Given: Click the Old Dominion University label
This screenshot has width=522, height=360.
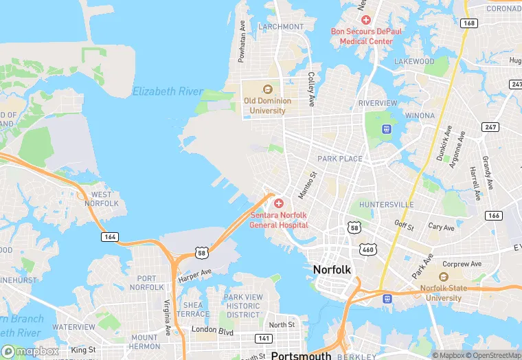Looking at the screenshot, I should [x=267, y=105].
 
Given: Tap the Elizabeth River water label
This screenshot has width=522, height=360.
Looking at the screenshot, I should [x=168, y=91].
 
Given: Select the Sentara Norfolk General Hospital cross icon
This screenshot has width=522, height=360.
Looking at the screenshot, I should [x=278, y=203].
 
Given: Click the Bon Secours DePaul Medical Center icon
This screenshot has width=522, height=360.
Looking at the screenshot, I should [x=366, y=21].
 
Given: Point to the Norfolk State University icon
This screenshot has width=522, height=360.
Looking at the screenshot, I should [x=442, y=277].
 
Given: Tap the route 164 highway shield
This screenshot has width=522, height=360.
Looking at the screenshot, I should [x=111, y=237].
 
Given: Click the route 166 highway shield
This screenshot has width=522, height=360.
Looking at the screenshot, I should [x=492, y=216].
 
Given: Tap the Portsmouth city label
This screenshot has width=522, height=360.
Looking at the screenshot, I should [x=301, y=355].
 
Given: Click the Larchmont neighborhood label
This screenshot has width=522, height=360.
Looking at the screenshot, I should [x=282, y=27].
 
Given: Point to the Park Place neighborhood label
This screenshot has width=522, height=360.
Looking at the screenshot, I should [x=339, y=159].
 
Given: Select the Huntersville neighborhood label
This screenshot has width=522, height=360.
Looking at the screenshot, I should [x=386, y=205].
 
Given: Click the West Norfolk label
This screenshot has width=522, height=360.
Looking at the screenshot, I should [x=101, y=199].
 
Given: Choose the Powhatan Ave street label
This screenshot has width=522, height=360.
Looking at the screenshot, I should [x=242, y=41].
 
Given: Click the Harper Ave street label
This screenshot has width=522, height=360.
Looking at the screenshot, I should [x=195, y=275].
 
